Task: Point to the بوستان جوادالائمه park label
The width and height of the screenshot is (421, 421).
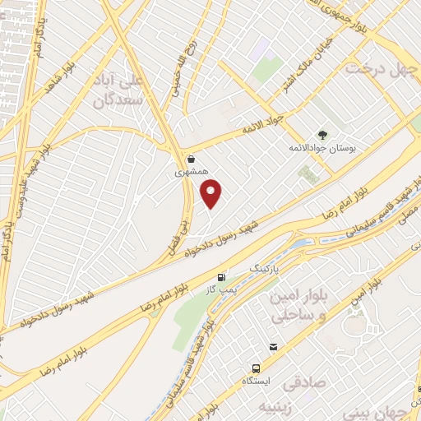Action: (316, 148)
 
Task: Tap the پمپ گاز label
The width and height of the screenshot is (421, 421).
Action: (220, 289)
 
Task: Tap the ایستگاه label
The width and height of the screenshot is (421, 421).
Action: (257, 382)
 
